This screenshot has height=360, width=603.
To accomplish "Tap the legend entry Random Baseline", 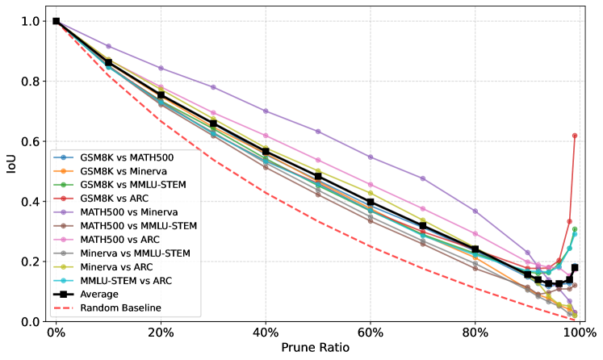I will click(x=119, y=308).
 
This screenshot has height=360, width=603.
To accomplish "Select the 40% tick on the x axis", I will click(x=266, y=333).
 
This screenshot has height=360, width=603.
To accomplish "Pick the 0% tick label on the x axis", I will click(x=56, y=333).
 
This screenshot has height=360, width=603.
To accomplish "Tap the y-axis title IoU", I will click(x=10, y=171).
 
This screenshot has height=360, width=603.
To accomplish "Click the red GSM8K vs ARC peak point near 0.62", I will click(x=575, y=136).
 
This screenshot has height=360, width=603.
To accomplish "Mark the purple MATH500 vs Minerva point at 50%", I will click(x=318, y=132).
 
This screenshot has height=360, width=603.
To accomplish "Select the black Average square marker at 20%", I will click(x=161, y=95).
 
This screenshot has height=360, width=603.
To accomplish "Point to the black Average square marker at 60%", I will click(x=371, y=202).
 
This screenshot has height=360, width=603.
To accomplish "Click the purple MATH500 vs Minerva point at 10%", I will click(x=108, y=46).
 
